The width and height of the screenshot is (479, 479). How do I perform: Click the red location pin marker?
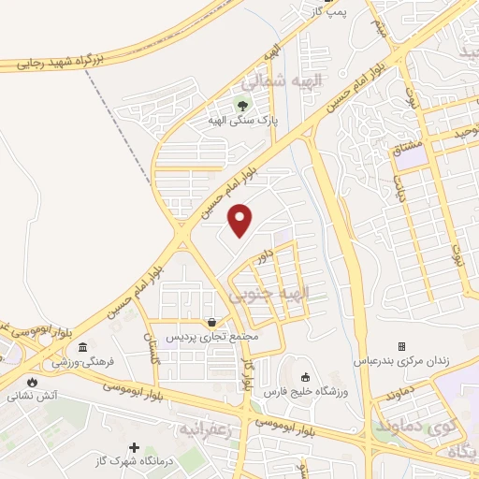click(x=242, y=221)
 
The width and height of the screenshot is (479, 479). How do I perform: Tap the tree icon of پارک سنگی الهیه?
click(x=243, y=105)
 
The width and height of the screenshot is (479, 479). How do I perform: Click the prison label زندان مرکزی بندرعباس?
click(x=400, y=361)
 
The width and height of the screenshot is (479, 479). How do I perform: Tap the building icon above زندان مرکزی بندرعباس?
click(x=401, y=346)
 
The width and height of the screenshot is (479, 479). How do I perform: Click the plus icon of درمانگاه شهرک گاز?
click(x=135, y=450)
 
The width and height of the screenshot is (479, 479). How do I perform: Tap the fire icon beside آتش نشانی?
click(x=35, y=382)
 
